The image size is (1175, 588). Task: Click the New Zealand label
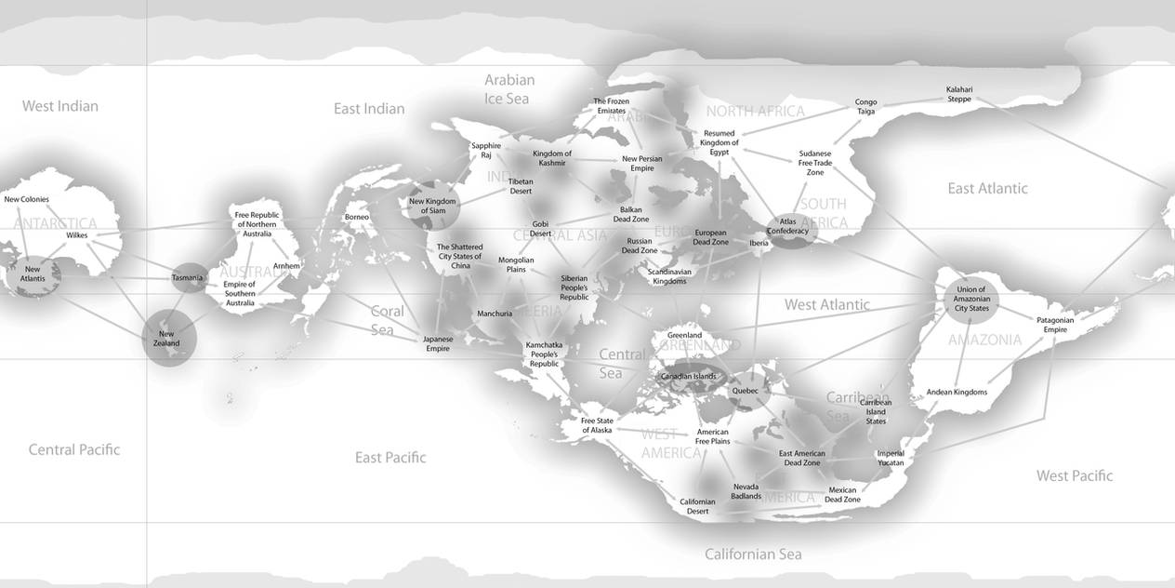(x=167, y=339)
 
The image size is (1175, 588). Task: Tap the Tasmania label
(x=187, y=278)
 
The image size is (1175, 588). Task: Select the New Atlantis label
(x=33, y=274)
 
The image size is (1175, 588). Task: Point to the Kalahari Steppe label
(x=959, y=94)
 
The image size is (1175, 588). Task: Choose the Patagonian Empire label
(x=1054, y=325)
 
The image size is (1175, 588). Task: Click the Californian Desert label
(x=697, y=506)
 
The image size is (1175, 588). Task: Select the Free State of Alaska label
(x=597, y=425)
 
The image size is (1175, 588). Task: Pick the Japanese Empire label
(x=438, y=343)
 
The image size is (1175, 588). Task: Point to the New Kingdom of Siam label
(x=432, y=206)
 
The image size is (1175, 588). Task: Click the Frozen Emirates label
(x=612, y=106)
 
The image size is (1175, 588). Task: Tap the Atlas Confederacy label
(x=787, y=226)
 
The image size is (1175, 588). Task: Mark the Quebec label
(x=745, y=392)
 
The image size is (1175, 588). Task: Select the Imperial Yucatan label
(x=890, y=458)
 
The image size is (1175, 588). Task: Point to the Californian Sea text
(x=753, y=555)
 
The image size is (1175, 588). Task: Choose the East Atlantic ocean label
(x=987, y=189)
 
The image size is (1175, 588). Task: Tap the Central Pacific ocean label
(x=74, y=450)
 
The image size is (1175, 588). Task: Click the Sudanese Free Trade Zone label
(x=815, y=163)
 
